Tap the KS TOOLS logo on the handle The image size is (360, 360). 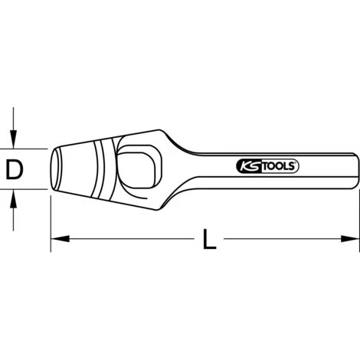point(264,165)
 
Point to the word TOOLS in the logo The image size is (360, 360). point(273,165)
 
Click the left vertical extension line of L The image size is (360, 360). point(51,222)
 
